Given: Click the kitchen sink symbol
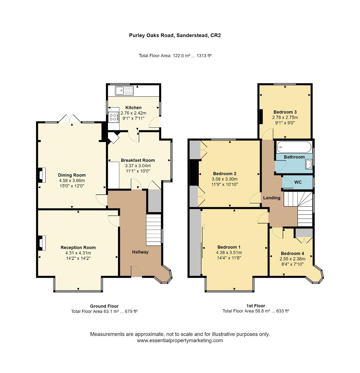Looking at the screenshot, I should coord(124,91).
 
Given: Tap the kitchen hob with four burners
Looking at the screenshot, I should coord(114,117).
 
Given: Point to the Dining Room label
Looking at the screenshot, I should coord(72,175).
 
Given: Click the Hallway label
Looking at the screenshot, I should coord(140,252).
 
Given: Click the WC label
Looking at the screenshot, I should coord(298,182).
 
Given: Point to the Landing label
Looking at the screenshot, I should coord(272,198).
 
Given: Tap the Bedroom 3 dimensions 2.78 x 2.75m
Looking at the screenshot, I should coord(285,117).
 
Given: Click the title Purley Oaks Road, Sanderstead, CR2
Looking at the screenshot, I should coord(175,36).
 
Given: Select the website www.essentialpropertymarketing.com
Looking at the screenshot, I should coord(180,340).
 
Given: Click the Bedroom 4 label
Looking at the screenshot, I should coord(292,254).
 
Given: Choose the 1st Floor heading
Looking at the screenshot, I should coord(256,306).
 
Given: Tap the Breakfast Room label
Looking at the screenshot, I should coord(138,160).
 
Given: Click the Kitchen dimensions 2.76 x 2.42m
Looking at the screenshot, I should coord(133,113).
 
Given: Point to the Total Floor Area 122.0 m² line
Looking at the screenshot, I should coord(175,56).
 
